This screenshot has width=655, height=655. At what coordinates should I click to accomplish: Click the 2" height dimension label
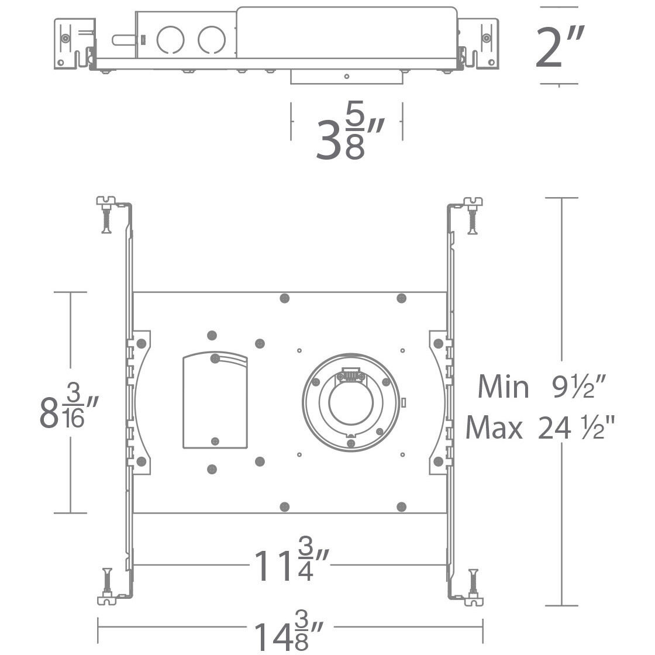tap(560, 47)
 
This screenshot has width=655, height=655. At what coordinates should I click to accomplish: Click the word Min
tap(503, 387)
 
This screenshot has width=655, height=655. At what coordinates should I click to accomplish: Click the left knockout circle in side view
tap(170, 40)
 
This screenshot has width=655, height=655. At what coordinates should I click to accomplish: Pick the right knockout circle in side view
tap(211, 40)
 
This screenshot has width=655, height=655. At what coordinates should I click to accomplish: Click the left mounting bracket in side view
tap(74, 44)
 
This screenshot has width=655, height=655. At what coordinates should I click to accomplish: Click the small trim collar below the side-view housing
tap(346, 77)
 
